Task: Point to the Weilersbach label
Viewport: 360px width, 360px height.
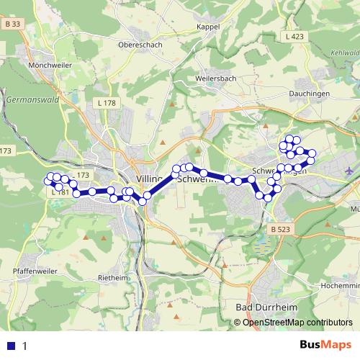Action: [216, 78]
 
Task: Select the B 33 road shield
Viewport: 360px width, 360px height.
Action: [10, 24]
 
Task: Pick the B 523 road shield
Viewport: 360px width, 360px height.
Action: [282, 229]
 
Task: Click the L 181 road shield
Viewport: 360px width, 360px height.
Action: [60, 192]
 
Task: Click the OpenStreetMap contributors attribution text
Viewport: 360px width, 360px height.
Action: [297, 322]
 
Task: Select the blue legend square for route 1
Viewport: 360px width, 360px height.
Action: [10, 346]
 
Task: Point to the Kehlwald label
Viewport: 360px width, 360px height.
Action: [346, 53]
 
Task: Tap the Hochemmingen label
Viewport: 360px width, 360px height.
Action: [341, 285]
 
